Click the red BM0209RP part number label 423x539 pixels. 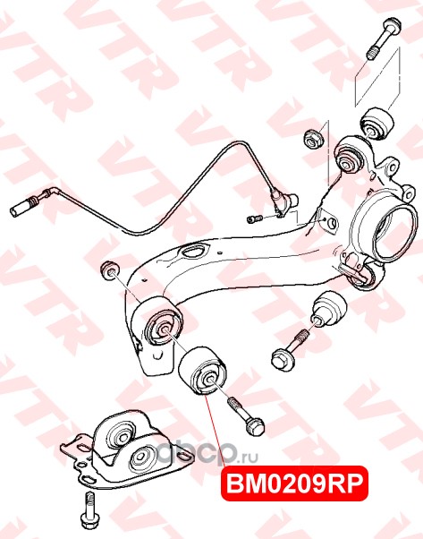(294, 484)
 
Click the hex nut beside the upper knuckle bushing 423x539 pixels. (313, 139)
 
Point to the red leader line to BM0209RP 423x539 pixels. (215, 431)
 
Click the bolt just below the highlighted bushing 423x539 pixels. (246, 416)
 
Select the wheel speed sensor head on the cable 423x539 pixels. (284, 203)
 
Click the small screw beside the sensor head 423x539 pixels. (254, 218)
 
